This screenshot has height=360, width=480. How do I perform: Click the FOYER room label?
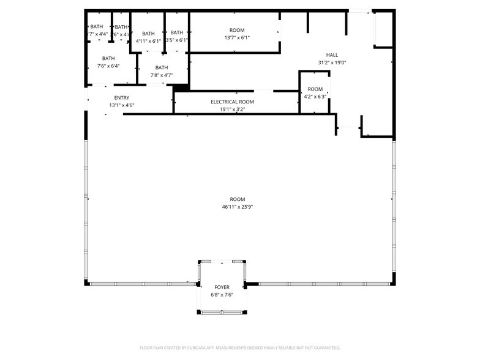[222, 287]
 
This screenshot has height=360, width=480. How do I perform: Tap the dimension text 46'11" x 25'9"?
[238, 207]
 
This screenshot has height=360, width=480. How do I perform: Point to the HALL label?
[332, 55]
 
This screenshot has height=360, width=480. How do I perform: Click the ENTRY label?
[121, 97]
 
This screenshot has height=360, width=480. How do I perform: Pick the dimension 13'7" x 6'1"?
[237, 37]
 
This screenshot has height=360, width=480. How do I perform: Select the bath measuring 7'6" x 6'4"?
[108, 62]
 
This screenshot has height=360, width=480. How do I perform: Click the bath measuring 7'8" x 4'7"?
[162, 71]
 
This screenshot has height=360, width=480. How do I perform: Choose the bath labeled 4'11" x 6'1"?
[148, 37]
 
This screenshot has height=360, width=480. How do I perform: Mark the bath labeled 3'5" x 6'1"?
[176, 36]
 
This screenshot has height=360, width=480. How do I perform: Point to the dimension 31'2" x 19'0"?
[332, 62]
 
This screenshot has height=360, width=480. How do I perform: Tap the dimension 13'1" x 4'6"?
[121, 105]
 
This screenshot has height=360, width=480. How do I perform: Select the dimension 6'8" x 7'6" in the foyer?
[222, 294]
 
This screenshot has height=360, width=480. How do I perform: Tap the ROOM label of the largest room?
[238, 199]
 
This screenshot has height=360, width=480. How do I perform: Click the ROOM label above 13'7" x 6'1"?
[237, 30]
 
